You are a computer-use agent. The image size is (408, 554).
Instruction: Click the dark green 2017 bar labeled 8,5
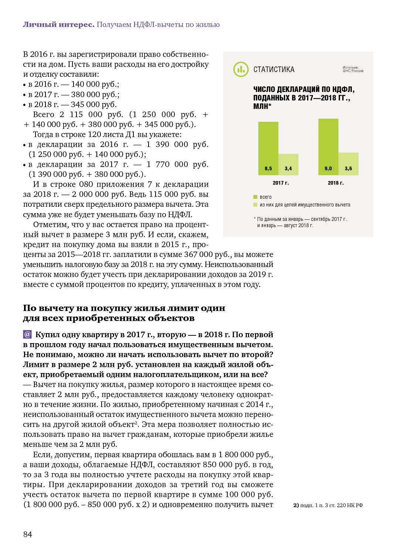tap(268, 148)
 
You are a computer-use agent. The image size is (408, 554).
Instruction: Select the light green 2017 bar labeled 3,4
tap(288, 164)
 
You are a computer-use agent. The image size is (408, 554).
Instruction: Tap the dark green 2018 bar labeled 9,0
tap(328, 146)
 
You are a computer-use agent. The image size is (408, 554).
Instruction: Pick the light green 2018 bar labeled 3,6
tap(348, 163)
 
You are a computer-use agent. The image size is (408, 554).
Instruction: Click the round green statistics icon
tap(241, 69)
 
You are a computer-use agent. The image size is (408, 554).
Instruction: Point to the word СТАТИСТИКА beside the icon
tap(274, 69)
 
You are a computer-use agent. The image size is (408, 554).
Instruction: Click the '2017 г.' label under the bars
tap(280, 183)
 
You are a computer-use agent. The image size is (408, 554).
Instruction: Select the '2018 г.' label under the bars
tap(336, 183)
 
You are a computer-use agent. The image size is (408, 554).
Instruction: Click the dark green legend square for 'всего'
tap(255, 197)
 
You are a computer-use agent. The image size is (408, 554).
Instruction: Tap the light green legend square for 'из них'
tap(255, 205)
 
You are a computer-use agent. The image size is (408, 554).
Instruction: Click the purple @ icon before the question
tap(27, 334)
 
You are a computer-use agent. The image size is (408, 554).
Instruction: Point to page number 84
tap(28, 534)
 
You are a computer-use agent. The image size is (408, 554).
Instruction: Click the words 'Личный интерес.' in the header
tap(59, 24)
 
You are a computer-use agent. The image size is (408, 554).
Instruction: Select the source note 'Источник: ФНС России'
tap(353, 69)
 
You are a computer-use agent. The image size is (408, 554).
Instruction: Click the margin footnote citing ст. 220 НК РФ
tap(328, 505)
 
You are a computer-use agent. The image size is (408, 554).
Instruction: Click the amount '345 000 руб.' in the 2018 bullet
tap(93, 105)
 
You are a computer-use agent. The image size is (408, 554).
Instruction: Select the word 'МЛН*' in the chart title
tap(262, 106)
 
